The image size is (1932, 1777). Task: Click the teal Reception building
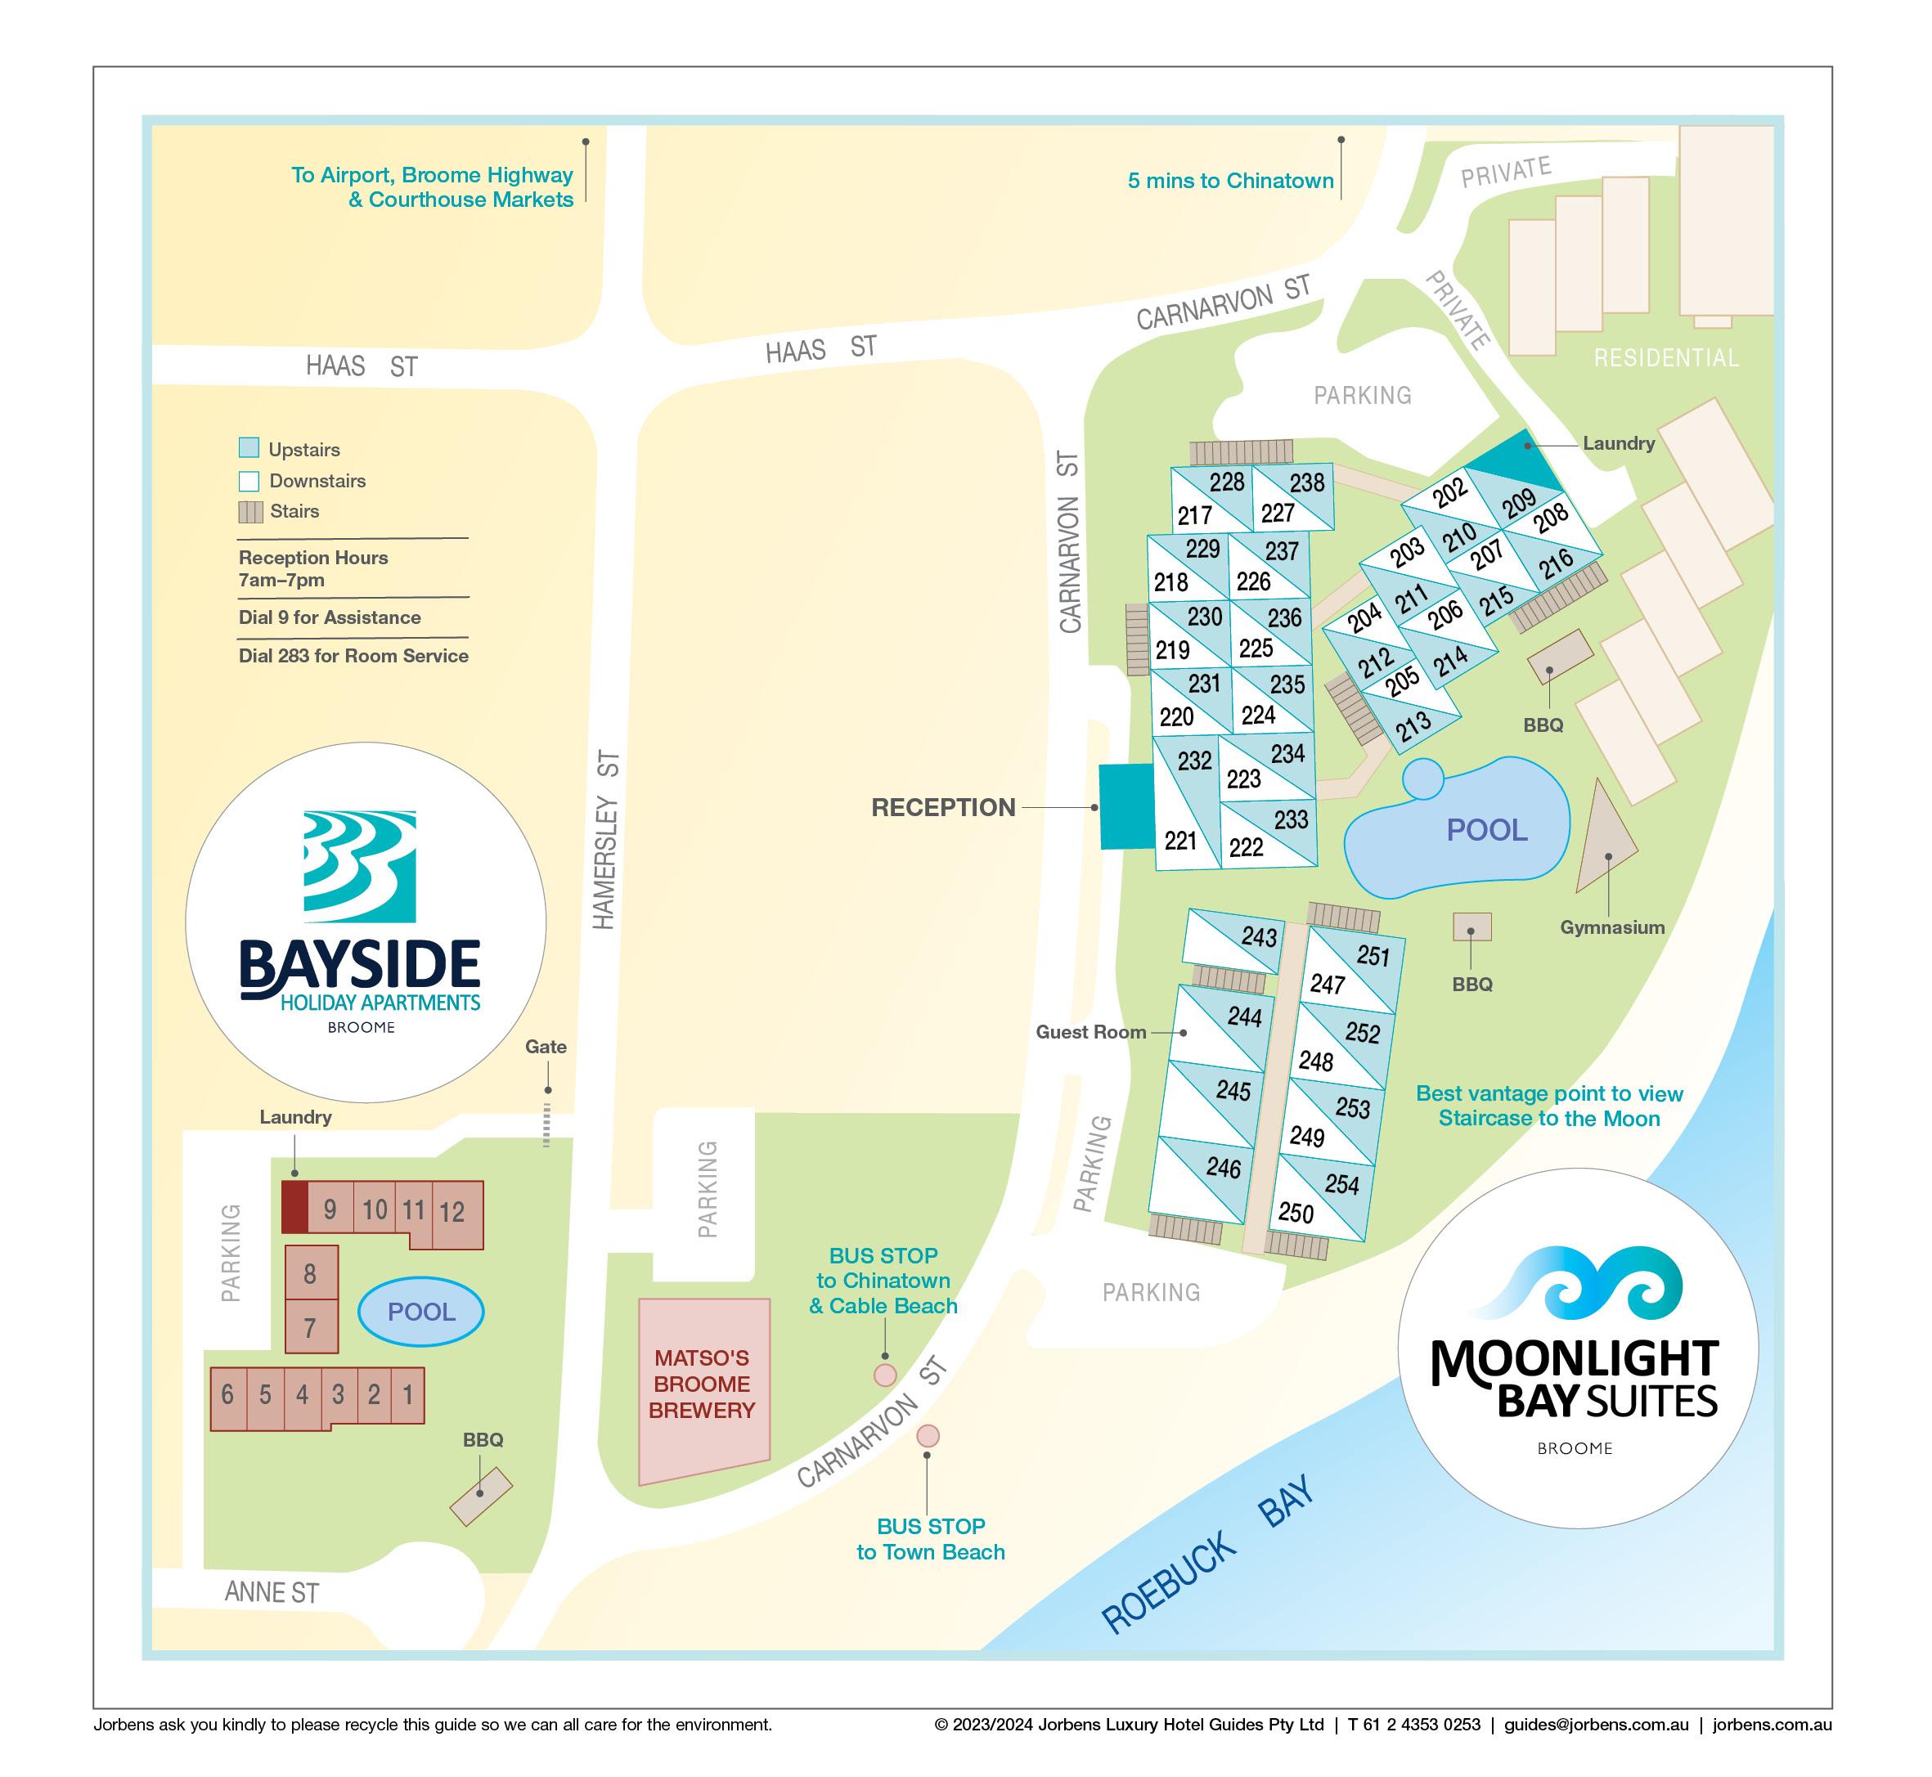1126,807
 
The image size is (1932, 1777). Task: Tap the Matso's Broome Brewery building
704,1384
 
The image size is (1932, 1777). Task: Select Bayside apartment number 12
452,1213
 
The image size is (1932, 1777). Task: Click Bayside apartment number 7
311,1328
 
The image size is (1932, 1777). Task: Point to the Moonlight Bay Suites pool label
1487,830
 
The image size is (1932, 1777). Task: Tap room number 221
1180,841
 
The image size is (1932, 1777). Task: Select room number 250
1296,1213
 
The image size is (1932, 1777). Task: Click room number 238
1307,482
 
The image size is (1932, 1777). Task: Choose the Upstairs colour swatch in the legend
249,448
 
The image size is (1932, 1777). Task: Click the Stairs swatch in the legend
250,512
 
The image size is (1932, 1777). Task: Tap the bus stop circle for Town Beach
927,1436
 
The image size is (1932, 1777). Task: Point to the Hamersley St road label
606,841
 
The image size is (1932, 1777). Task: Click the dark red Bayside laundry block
294,1207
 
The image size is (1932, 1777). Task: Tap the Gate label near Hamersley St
546,1048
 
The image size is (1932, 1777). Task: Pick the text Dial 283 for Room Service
353,656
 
